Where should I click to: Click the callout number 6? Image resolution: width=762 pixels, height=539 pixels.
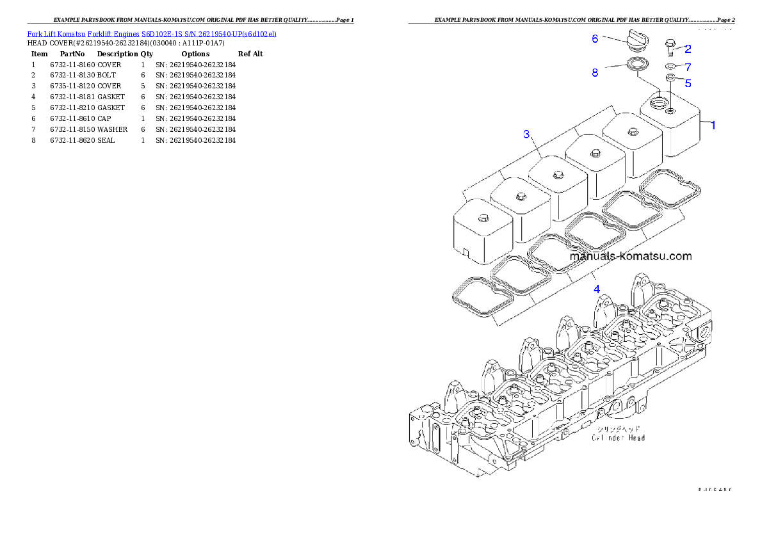coord(595,39)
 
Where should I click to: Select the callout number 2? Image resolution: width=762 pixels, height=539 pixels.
coord(688,49)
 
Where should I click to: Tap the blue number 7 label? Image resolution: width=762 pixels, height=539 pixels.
coord(688,67)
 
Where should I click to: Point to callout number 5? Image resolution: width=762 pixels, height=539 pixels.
coord(688,83)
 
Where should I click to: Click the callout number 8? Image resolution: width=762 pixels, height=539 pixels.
coord(595,73)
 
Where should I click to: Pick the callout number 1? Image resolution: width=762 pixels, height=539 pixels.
coord(713,125)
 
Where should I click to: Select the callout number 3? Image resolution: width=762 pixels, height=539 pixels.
coord(526,134)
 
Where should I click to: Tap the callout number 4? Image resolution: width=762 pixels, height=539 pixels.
coord(597,289)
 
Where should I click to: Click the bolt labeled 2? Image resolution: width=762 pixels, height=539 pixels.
coord(670,47)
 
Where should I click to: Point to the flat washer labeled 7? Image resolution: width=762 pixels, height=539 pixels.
coord(670,66)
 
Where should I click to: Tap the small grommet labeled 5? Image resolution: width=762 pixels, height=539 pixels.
coord(670,77)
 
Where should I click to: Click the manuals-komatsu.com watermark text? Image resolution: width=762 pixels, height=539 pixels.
coord(631,256)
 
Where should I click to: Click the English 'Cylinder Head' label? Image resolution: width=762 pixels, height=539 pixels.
coord(618,438)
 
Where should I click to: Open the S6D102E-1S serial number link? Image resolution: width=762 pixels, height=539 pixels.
coord(209,34)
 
